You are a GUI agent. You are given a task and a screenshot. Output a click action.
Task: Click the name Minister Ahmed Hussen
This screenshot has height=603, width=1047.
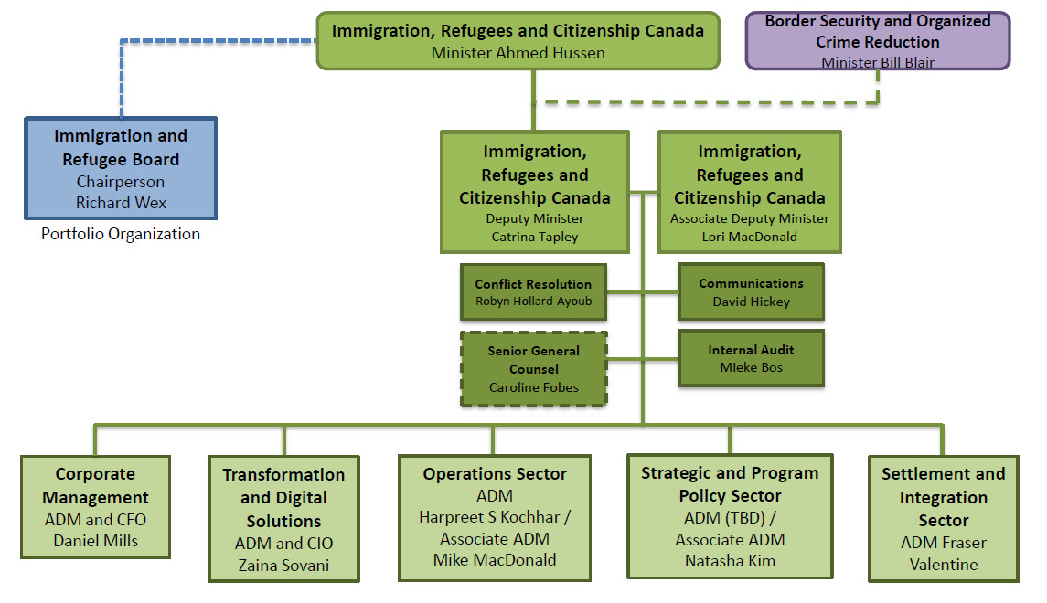(x=518, y=53)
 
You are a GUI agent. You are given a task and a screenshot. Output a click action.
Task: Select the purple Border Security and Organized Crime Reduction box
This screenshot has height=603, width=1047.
(x=877, y=40)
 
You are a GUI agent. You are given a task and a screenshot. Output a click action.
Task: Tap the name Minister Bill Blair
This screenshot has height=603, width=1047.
(x=877, y=63)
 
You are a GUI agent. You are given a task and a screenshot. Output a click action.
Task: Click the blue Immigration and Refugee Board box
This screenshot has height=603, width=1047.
(x=121, y=168)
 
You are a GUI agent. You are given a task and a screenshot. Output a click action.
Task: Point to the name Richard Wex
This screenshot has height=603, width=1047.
(x=121, y=203)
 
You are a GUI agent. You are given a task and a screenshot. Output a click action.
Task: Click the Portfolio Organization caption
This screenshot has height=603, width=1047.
(x=121, y=234)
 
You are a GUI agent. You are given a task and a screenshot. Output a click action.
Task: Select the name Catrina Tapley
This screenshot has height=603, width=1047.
(x=535, y=236)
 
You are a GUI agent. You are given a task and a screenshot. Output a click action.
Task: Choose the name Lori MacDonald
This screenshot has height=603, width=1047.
(x=750, y=236)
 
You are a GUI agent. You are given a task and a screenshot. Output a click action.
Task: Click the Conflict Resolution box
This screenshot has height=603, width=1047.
(x=533, y=292)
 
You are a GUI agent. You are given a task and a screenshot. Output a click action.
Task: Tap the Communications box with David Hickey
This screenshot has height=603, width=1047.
(x=751, y=292)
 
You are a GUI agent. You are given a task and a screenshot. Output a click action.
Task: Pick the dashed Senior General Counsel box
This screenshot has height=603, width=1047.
(x=534, y=368)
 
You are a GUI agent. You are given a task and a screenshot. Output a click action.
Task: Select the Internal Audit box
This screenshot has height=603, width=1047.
(x=751, y=358)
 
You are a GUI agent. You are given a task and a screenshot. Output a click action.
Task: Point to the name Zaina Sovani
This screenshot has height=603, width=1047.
(x=283, y=566)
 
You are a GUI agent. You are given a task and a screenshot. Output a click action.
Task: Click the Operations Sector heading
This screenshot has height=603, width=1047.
(x=495, y=474)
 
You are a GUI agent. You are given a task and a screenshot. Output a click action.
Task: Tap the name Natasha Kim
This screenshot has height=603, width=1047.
(x=730, y=560)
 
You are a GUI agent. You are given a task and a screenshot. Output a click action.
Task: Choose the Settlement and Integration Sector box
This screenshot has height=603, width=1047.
(x=943, y=518)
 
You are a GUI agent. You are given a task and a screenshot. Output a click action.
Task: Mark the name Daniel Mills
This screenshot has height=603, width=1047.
(x=95, y=540)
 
